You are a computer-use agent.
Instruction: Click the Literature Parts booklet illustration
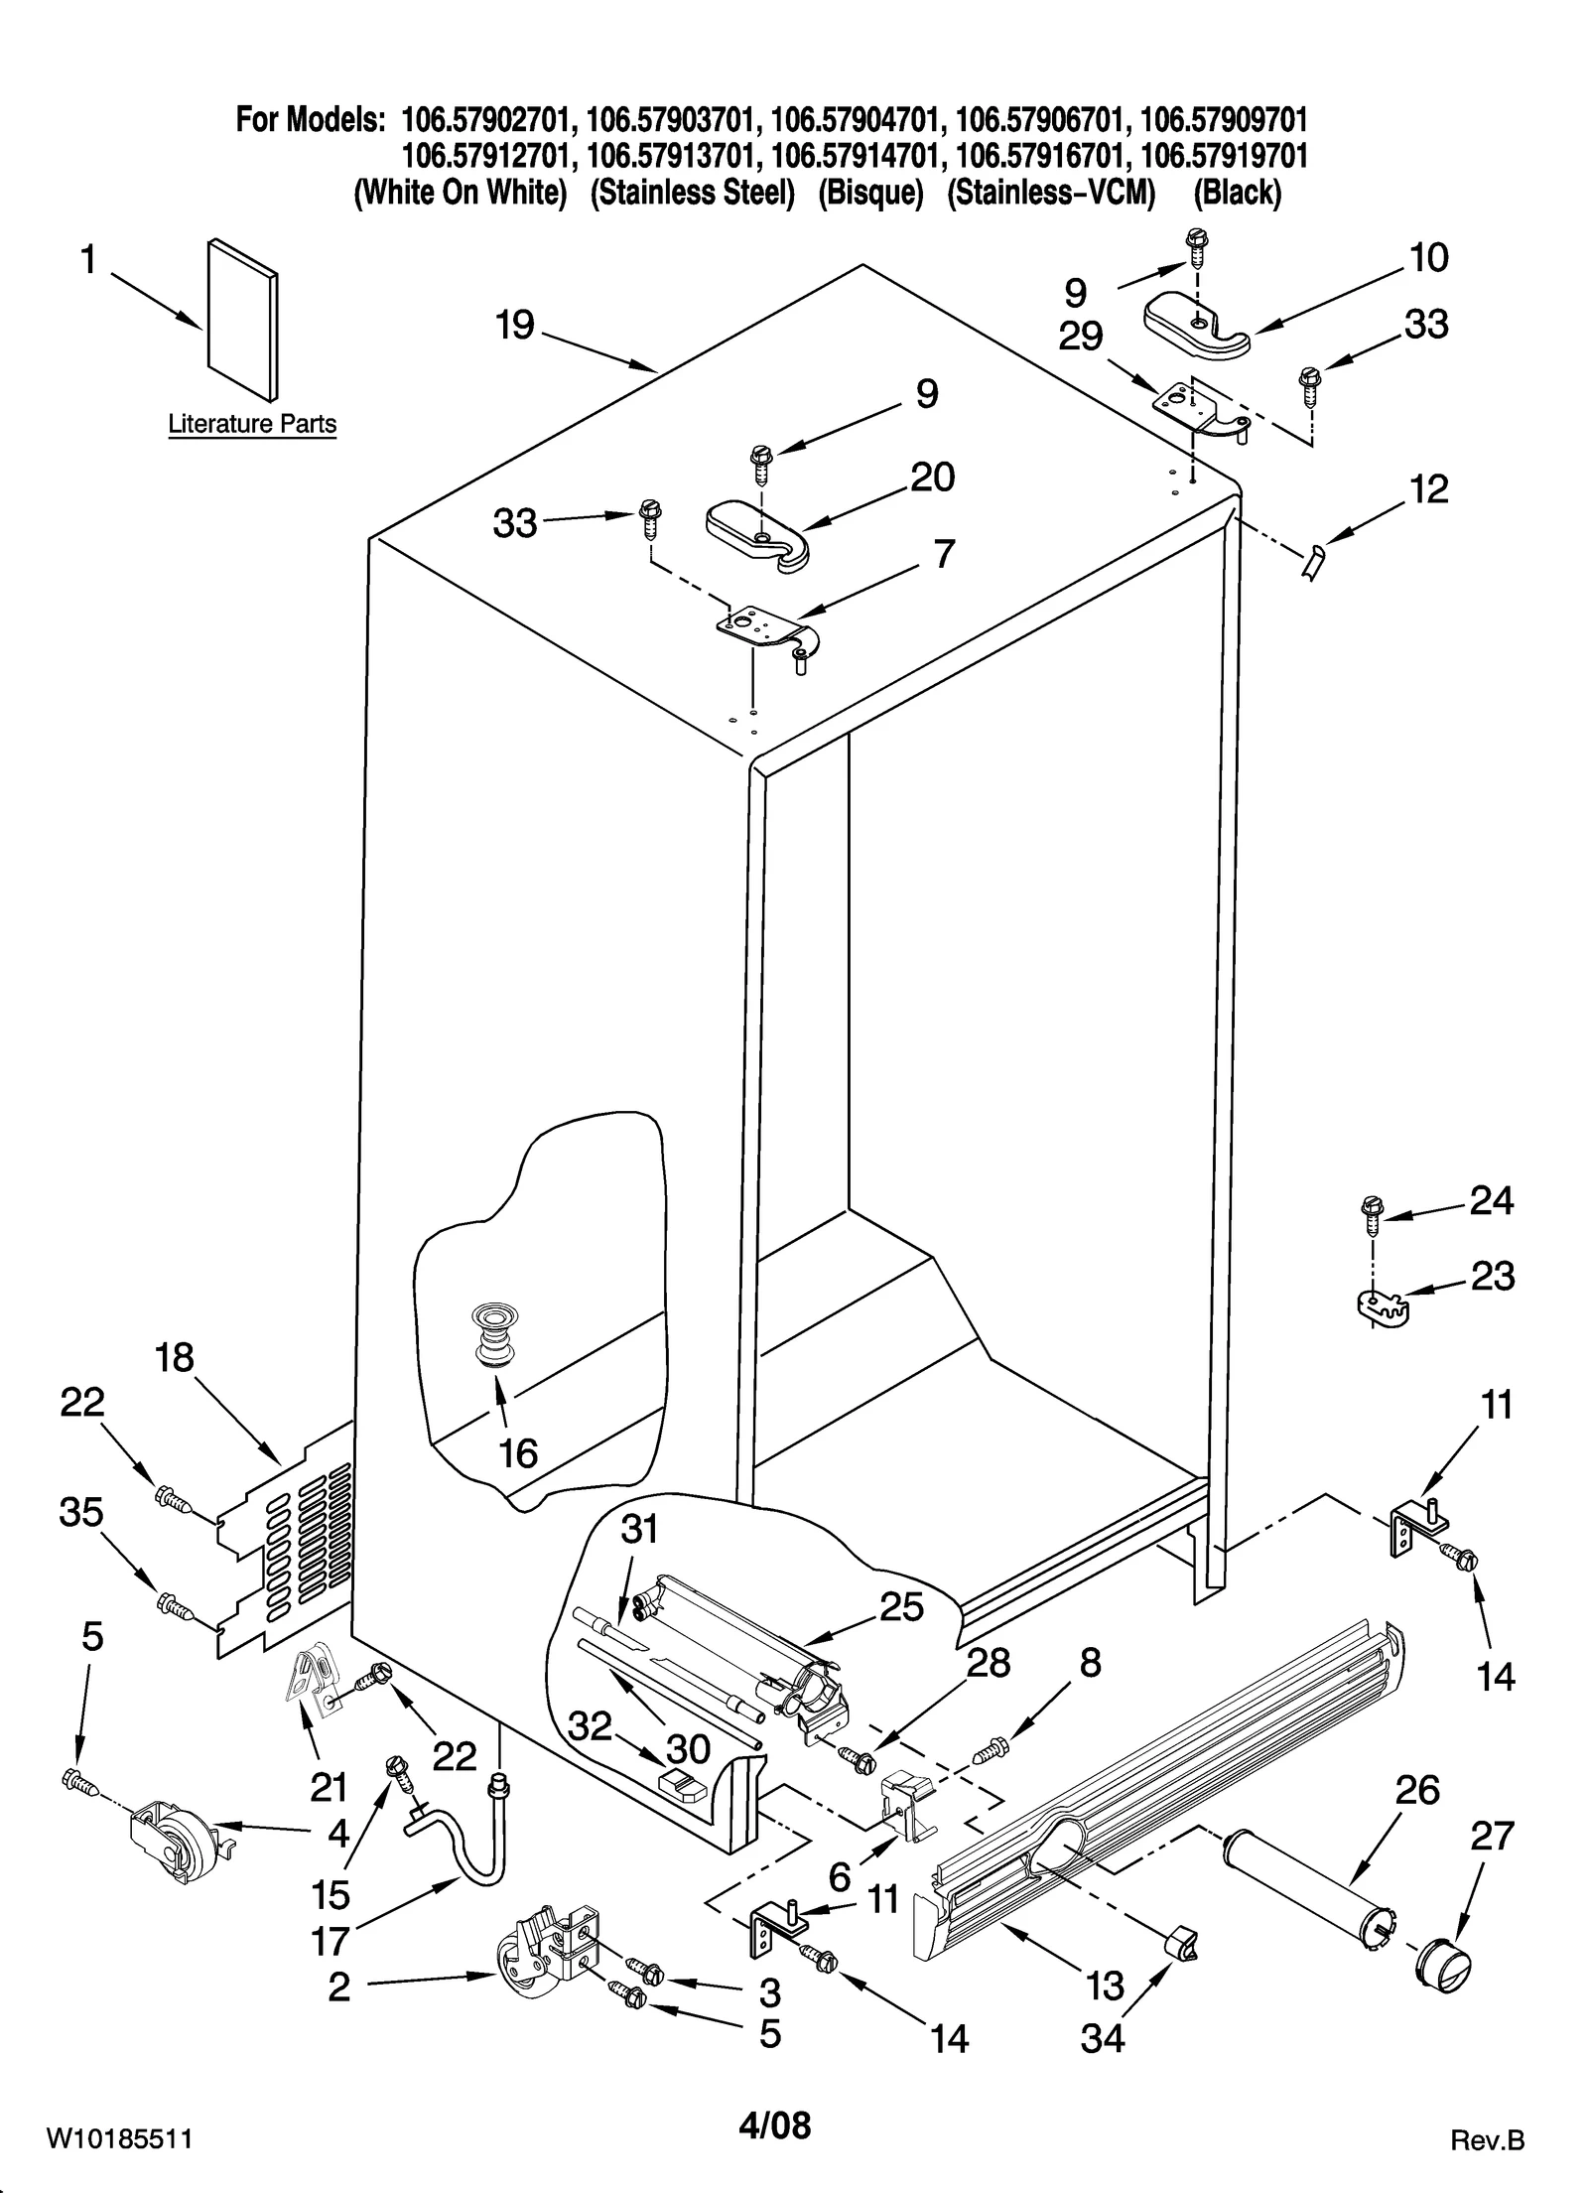tap(242, 318)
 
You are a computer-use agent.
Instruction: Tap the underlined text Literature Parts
tap(252, 424)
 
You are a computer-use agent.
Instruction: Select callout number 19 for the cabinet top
tap(515, 326)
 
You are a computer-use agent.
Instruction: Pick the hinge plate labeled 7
tap(766, 632)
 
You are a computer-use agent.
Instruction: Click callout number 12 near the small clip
tap(1428, 489)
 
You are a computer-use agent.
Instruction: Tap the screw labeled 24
tap(1371, 1214)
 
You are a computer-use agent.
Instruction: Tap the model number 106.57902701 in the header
tap(486, 120)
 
